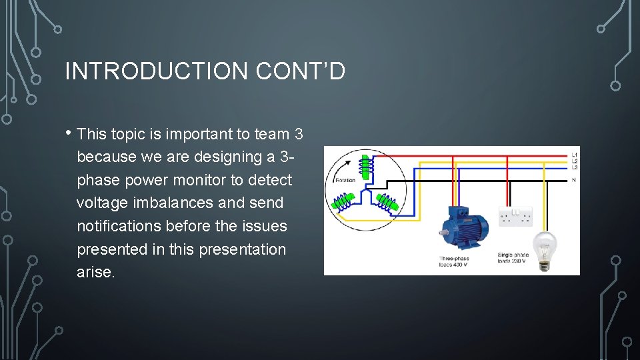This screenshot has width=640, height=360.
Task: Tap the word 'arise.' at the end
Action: pyautogui.click(x=95, y=272)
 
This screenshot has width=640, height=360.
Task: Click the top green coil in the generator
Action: pyautogui.click(x=365, y=166)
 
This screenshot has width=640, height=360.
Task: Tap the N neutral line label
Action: pyautogui.click(x=574, y=180)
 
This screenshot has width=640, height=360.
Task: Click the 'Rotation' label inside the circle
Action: pyautogui.click(x=345, y=180)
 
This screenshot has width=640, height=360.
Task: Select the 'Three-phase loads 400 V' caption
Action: pyautogui.click(x=453, y=261)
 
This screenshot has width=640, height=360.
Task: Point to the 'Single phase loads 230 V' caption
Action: pyautogui.click(x=513, y=258)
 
